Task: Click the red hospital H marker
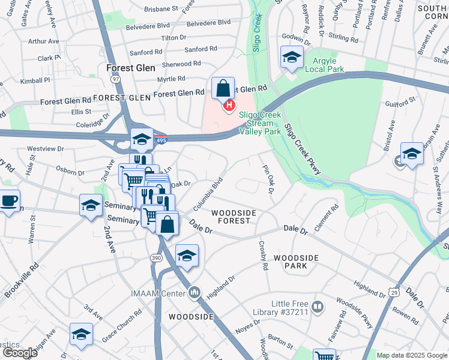pyautogui.click(x=229, y=107)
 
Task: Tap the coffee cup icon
pyautogui.click(x=8, y=201)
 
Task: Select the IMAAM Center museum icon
pyautogui.click(x=194, y=293)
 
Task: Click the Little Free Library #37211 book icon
pyautogui.click(x=318, y=308)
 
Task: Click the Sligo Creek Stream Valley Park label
pyautogui.click(x=260, y=122)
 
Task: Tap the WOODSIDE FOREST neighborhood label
pyautogui.click(x=234, y=217)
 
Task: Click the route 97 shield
pyautogui.click(x=116, y=79)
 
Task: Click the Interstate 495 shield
pyautogui.click(x=160, y=140)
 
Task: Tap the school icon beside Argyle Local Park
pyautogui.click(x=291, y=58)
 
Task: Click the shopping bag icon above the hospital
pyautogui.click(x=223, y=89)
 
